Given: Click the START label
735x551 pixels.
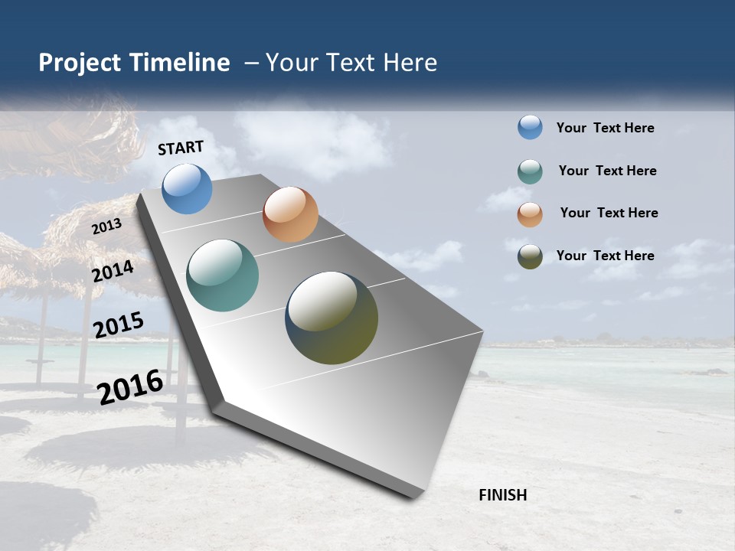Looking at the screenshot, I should click(181, 148).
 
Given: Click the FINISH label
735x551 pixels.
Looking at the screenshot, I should click(502, 495).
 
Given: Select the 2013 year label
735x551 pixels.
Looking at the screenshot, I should click(107, 227).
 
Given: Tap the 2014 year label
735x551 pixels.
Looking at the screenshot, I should click(113, 271).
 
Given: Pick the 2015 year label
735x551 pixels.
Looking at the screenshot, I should click(119, 324).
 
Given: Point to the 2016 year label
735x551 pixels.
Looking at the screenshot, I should click(131, 386).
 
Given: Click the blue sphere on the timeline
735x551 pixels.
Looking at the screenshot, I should click(187, 188).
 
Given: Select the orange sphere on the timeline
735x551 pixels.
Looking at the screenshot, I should click(290, 214).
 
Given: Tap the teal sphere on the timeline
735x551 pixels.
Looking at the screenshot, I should click(222, 275).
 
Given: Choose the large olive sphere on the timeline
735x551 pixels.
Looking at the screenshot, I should click(332, 318).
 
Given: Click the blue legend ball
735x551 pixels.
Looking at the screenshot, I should click(530, 128).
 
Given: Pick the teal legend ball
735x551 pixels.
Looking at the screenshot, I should click(530, 171).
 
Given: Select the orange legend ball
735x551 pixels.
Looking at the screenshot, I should click(530, 214).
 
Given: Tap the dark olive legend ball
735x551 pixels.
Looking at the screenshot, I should click(530, 256).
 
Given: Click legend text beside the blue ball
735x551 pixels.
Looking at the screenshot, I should click(605, 128).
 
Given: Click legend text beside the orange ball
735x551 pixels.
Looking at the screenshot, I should click(609, 213).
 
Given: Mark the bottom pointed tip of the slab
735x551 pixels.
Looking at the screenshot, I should click(414, 497).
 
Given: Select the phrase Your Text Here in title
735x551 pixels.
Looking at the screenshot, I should click(351, 63).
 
